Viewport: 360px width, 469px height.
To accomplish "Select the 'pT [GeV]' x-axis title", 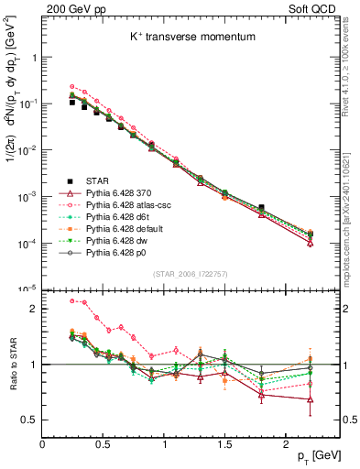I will (x=311, y=455).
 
